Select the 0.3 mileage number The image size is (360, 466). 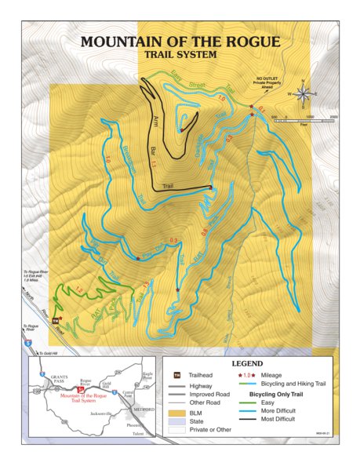173,239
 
